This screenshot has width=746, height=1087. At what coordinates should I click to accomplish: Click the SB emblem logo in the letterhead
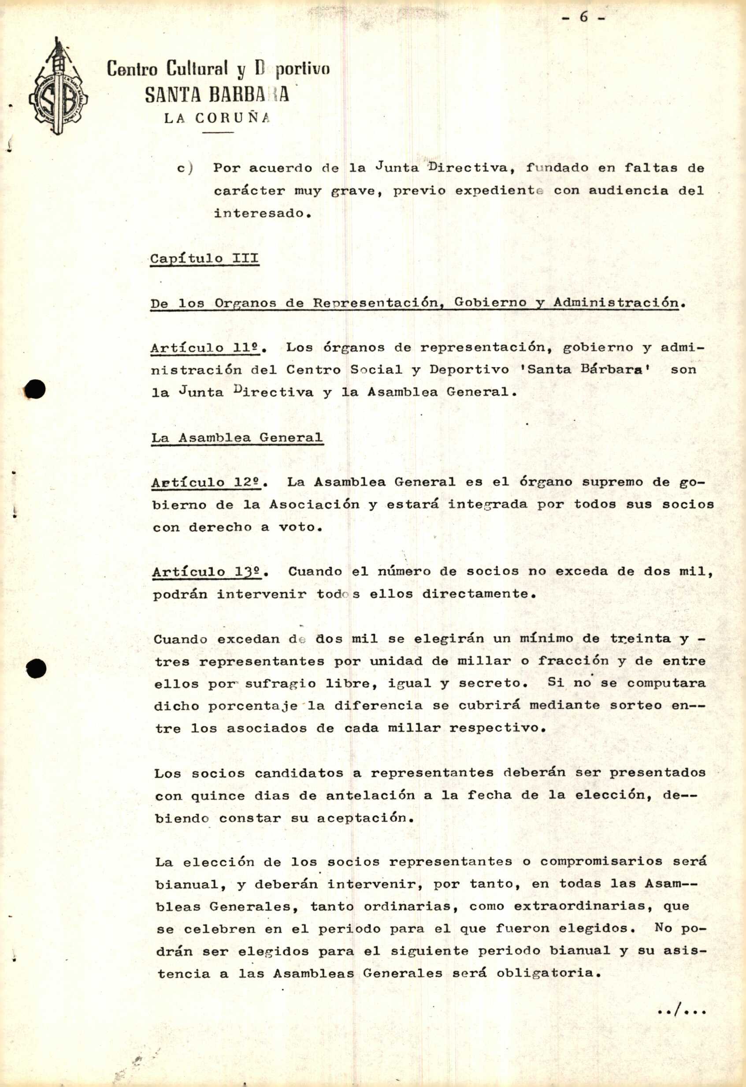(x=58, y=89)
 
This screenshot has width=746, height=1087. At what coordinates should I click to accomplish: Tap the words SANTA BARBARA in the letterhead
(x=216, y=95)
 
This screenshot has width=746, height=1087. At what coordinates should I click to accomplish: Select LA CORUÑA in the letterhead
(x=217, y=118)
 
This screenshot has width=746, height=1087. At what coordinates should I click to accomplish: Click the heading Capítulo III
(x=204, y=259)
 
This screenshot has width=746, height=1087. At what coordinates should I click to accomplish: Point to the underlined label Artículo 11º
(x=208, y=348)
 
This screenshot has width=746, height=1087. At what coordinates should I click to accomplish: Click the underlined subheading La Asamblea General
(x=237, y=438)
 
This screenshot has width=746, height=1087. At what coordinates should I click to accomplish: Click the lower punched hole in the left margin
(x=36, y=668)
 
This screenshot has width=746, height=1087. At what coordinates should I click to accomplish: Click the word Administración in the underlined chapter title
(x=616, y=303)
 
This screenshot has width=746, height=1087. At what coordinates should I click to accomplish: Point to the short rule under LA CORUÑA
(x=218, y=133)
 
